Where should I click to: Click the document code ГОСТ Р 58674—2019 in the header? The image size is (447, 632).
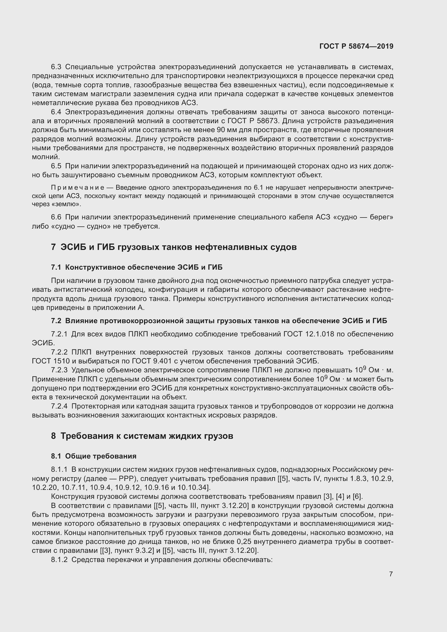356,46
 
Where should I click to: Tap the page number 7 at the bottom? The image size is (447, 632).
391,574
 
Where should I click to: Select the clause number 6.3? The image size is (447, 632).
57,67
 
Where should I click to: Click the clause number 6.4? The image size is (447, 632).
57,112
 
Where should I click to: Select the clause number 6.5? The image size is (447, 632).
57,166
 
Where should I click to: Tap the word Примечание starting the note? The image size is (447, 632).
78,188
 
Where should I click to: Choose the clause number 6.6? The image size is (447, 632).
57,217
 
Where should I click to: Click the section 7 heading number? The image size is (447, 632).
54,247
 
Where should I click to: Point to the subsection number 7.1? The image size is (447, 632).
56,267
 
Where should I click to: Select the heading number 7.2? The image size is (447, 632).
56,321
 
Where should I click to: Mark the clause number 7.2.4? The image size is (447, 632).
59,406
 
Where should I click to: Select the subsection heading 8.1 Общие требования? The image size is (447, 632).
94,456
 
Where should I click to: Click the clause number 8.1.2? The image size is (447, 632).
59,560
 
